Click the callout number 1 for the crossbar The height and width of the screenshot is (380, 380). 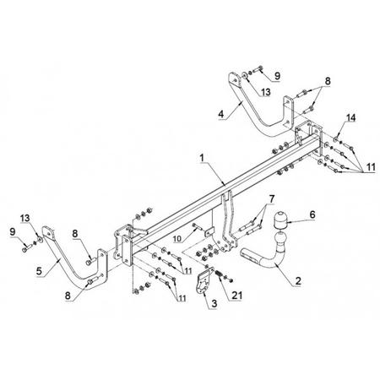coord(202,158)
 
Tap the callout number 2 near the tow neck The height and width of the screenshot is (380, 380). coord(298,280)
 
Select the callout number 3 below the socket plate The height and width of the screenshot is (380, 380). coord(214,303)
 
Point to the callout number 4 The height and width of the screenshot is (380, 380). coord(221,114)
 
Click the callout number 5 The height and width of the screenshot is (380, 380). coord(39,271)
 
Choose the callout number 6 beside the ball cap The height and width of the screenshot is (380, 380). coord(312,214)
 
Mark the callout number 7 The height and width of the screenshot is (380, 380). coord(271,198)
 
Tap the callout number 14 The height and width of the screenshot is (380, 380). coord(350,117)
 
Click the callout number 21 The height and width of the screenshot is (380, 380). coord(236,296)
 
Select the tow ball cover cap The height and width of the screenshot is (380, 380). coord(280,220)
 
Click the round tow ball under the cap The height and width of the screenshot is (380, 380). coord(280,237)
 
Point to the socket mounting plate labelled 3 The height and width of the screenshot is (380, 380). coord(204,281)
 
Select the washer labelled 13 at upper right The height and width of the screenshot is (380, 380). coord(245,75)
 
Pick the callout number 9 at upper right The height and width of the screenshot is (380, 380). coord(277,75)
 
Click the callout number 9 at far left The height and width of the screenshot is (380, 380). coord(13,232)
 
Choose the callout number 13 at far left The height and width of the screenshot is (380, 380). coord(25,218)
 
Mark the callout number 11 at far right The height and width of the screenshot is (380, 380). coord(371,167)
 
